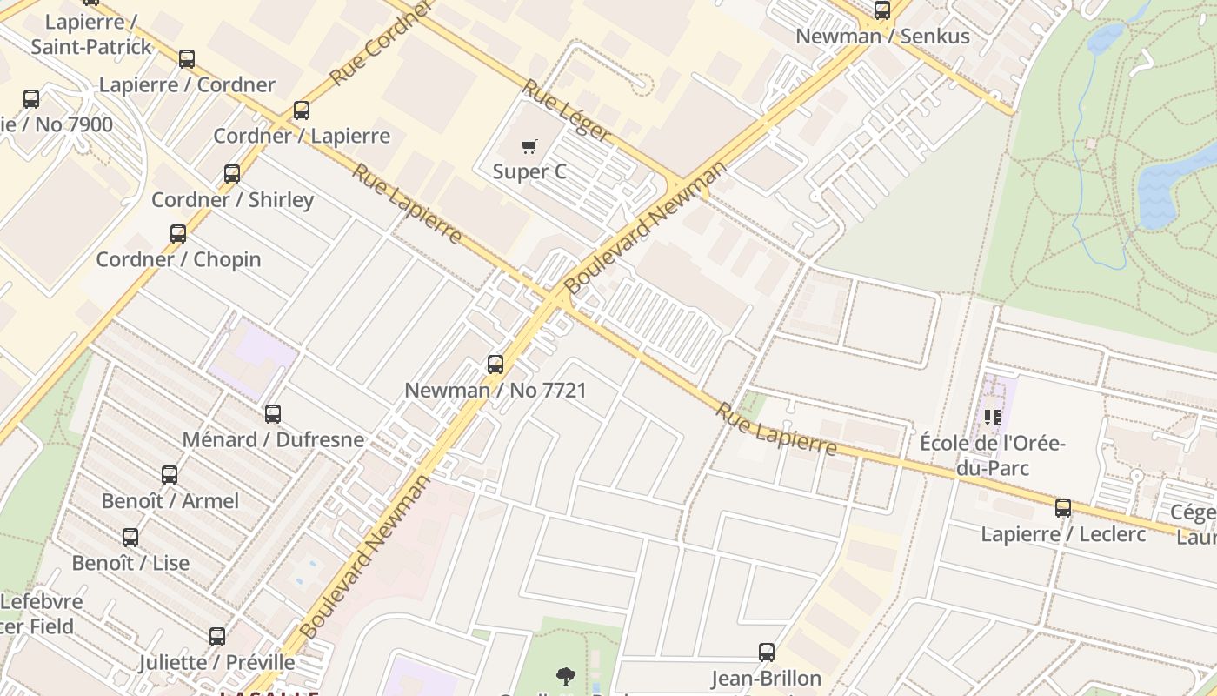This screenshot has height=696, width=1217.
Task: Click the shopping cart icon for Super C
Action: [529, 146]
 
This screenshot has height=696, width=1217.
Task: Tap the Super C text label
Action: [529, 171]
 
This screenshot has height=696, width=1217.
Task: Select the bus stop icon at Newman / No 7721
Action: [495, 365]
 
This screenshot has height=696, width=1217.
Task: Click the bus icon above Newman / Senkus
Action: [882, 10]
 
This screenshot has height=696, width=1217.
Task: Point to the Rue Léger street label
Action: [567, 110]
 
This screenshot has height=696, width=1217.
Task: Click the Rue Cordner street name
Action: [381, 43]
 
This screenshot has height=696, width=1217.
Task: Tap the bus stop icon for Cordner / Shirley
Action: [232, 174]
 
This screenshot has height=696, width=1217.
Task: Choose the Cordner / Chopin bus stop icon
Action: [178, 234]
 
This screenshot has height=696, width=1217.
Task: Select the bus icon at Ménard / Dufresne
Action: [273, 414]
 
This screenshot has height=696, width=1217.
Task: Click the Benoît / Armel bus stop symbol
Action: [170, 475]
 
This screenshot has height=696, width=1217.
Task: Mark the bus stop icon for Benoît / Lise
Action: [130, 538]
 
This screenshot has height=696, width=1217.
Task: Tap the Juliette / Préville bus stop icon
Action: [217, 637]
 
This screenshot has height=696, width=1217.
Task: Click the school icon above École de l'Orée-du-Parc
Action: [993, 418]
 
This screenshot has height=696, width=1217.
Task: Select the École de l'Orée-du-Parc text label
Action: [993, 456]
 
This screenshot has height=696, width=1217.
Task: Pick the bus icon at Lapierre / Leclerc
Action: [1063, 508]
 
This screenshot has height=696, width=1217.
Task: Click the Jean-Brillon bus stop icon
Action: [767, 652]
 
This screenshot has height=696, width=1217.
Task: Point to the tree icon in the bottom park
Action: [566, 676]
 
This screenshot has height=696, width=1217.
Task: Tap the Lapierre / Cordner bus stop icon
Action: [187, 59]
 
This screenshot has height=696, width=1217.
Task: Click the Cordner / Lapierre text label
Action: [302, 136]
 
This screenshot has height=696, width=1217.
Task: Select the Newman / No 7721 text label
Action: [495, 390]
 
